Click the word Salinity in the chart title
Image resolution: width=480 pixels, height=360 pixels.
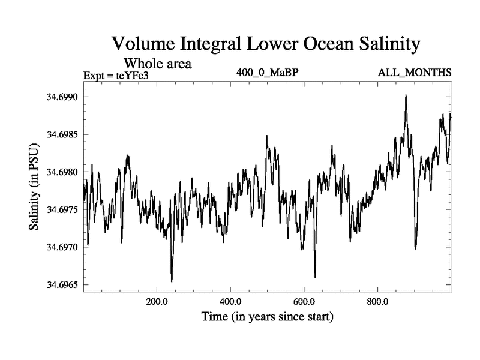click(373, 45)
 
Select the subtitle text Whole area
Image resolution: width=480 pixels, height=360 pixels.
click(157, 63)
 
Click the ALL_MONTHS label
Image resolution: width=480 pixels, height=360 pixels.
click(415, 73)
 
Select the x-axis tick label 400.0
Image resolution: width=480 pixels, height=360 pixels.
click(230, 302)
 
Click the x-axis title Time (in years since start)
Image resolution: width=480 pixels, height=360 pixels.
click(267, 316)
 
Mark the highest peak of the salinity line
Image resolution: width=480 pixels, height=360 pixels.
click(406, 95)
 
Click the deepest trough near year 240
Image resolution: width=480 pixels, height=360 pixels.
click(172, 281)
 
